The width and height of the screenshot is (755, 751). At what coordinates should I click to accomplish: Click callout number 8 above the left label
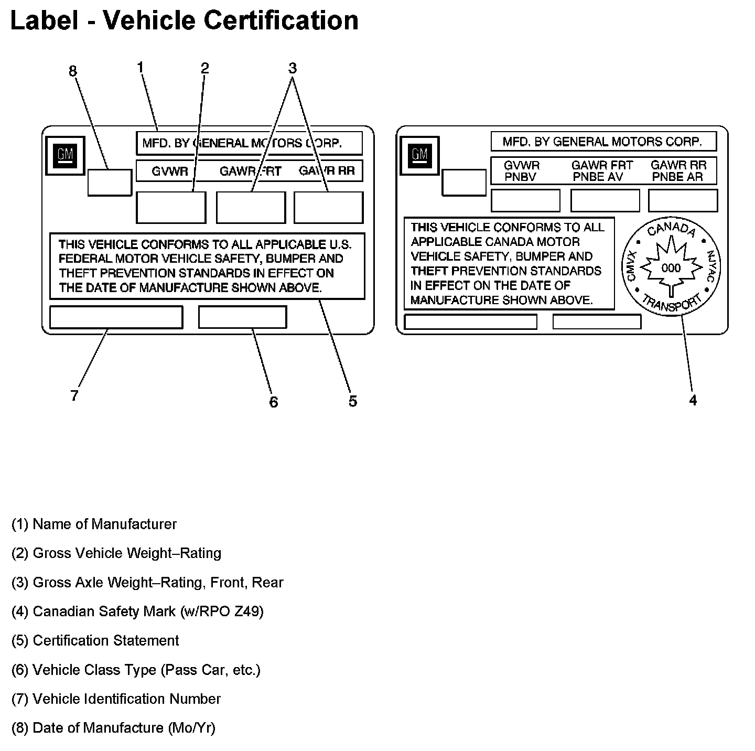tap(73, 71)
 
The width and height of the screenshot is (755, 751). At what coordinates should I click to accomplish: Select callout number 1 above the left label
tap(141, 67)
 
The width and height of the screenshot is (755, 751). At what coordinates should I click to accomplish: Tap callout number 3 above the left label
tap(293, 68)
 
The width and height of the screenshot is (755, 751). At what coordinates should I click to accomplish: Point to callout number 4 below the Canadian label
tap(693, 400)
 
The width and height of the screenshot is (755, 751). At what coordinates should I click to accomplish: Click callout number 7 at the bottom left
tap(74, 395)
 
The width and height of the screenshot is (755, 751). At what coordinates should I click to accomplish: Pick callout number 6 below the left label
tap(273, 402)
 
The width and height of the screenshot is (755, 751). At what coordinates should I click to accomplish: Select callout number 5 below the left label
tap(353, 401)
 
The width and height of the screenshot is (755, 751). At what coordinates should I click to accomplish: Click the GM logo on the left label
tap(66, 156)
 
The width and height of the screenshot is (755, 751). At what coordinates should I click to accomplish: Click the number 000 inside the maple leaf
tap(671, 268)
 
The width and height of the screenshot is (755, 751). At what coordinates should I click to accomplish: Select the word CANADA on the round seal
tap(671, 230)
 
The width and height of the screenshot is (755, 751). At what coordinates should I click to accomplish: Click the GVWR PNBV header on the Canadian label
tap(521, 171)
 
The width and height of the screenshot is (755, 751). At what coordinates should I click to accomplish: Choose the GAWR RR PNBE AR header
tap(678, 171)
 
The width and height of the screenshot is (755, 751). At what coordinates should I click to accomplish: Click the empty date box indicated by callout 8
tap(110, 183)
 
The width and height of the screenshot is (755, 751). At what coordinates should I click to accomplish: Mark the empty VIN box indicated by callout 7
tap(116, 317)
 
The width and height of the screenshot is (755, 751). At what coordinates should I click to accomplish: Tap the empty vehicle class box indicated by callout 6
tap(242, 317)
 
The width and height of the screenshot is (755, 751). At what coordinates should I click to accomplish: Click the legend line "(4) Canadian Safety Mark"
tap(137, 611)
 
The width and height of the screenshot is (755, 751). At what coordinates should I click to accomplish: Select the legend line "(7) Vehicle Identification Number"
tap(116, 699)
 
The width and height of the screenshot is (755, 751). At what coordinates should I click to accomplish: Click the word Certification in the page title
tap(281, 20)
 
